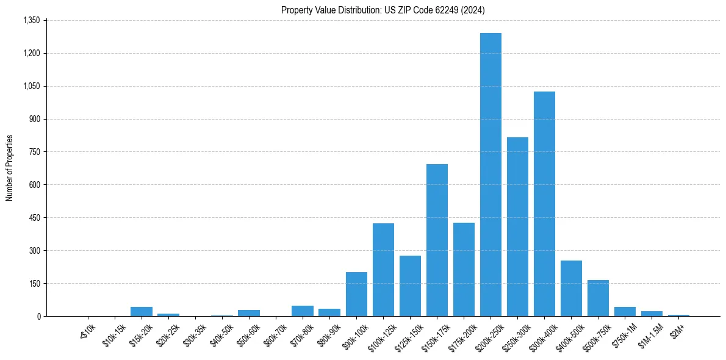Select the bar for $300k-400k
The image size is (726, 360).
click(544, 204)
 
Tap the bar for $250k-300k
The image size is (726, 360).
click(517, 227)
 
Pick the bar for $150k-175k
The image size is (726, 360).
click(437, 240)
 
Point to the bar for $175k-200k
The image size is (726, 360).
click(464, 270)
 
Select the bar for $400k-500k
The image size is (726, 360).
click(571, 289)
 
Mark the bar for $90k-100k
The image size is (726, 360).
click(356, 295)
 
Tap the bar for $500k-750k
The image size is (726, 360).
click(598, 298)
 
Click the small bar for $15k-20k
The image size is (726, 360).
click(142, 312)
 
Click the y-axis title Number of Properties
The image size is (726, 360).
click(9, 168)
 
